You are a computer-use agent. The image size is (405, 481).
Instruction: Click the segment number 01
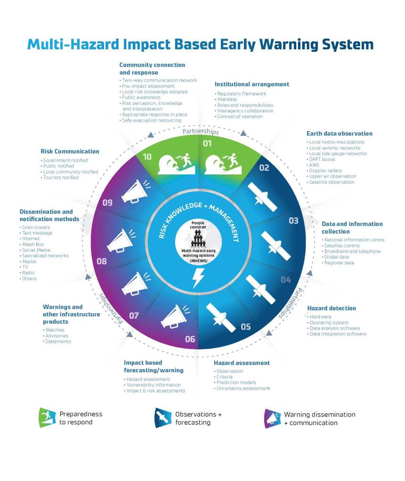pyautogui.click(x=207, y=143)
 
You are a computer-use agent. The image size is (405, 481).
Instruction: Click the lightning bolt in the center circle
pyautogui.click(x=198, y=278)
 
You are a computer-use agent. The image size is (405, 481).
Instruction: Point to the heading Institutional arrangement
pyautogui.click(x=251, y=84)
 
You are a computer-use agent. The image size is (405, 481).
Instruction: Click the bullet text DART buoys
pyautogui.click(x=322, y=159)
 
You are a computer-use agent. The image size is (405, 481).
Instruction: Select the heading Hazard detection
pyautogui.click(x=332, y=308)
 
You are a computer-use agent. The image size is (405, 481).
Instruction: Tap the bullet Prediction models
pyautogui.click(x=236, y=382)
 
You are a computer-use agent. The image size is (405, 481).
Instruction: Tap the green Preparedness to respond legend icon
pyautogui.click(x=47, y=418)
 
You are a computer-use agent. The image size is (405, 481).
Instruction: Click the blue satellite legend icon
pyautogui.click(x=163, y=418)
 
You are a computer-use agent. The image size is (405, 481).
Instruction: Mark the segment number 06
pyautogui.click(x=190, y=339)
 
